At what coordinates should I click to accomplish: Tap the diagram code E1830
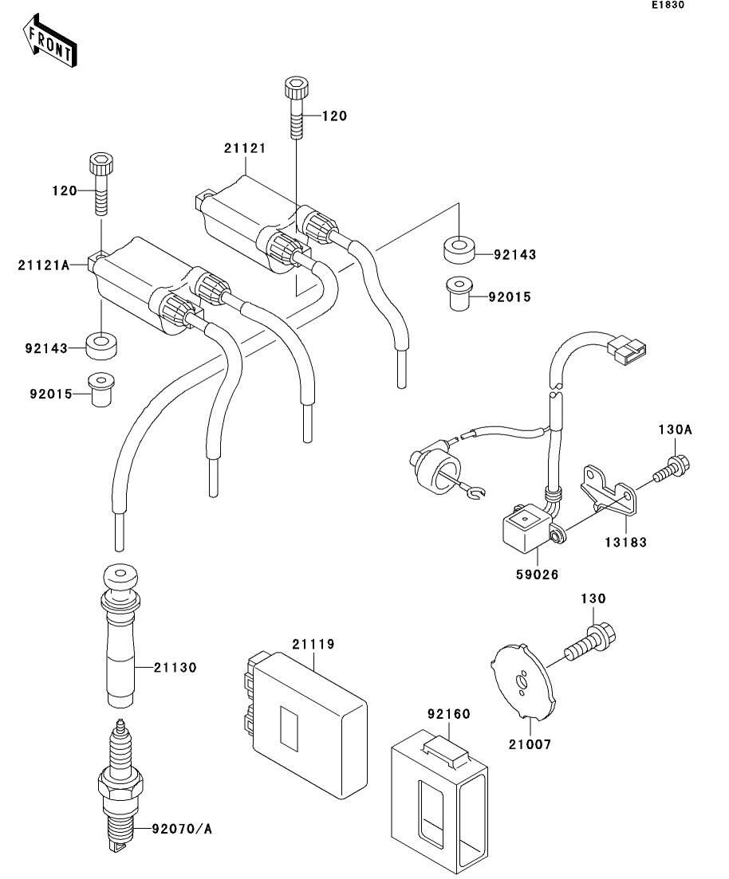pos(667,6)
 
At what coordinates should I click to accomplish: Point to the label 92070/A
pos(182,830)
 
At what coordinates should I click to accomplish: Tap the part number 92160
pos(448,715)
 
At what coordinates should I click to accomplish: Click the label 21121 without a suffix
pos(245,149)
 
